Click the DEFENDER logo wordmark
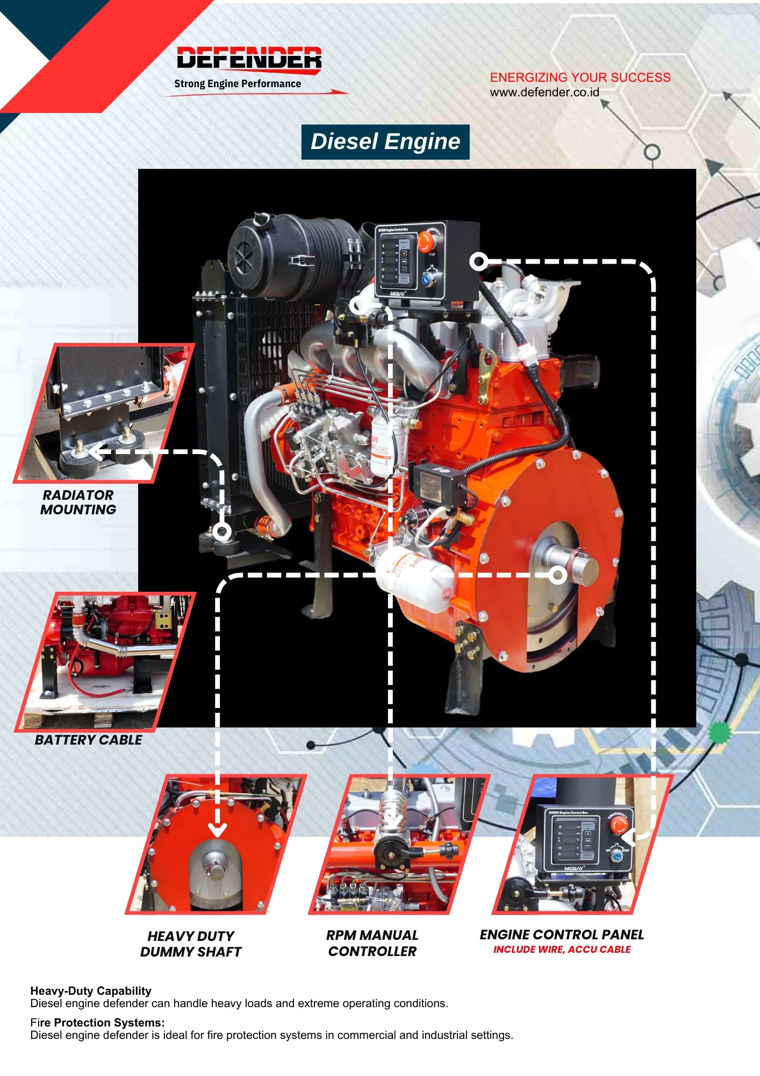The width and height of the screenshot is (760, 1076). [x=249, y=58]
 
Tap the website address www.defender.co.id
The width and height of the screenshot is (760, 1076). [x=544, y=93]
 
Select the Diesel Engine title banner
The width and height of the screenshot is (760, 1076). [x=385, y=142]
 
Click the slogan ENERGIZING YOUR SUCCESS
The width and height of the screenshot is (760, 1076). [x=580, y=77]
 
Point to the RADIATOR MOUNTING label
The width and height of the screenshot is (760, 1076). [x=78, y=502]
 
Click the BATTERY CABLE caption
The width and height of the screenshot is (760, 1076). [x=89, y=740]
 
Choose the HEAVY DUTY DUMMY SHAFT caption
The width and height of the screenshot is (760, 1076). [x=191, y=944]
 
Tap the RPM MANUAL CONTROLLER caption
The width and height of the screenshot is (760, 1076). [x=372, y=943]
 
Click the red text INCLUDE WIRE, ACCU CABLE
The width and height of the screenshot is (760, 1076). [x=562, y=950]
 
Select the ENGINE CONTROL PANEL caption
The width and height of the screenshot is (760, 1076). [x=562, y=935]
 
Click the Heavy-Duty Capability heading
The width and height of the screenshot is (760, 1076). [x=91, y=990]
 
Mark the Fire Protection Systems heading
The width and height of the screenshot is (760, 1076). [x=97, y=1022]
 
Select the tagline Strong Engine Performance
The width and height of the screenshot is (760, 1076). [x=238, y=84]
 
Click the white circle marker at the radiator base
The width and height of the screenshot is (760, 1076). [x=222, y=532]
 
